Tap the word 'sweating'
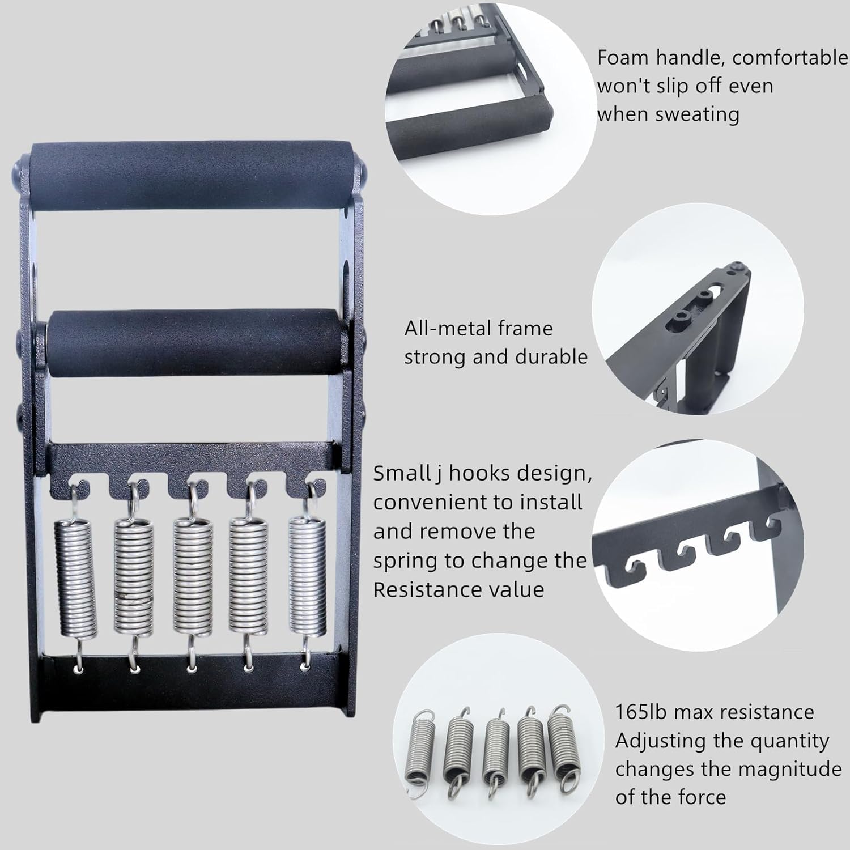[x=697, y=115]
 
